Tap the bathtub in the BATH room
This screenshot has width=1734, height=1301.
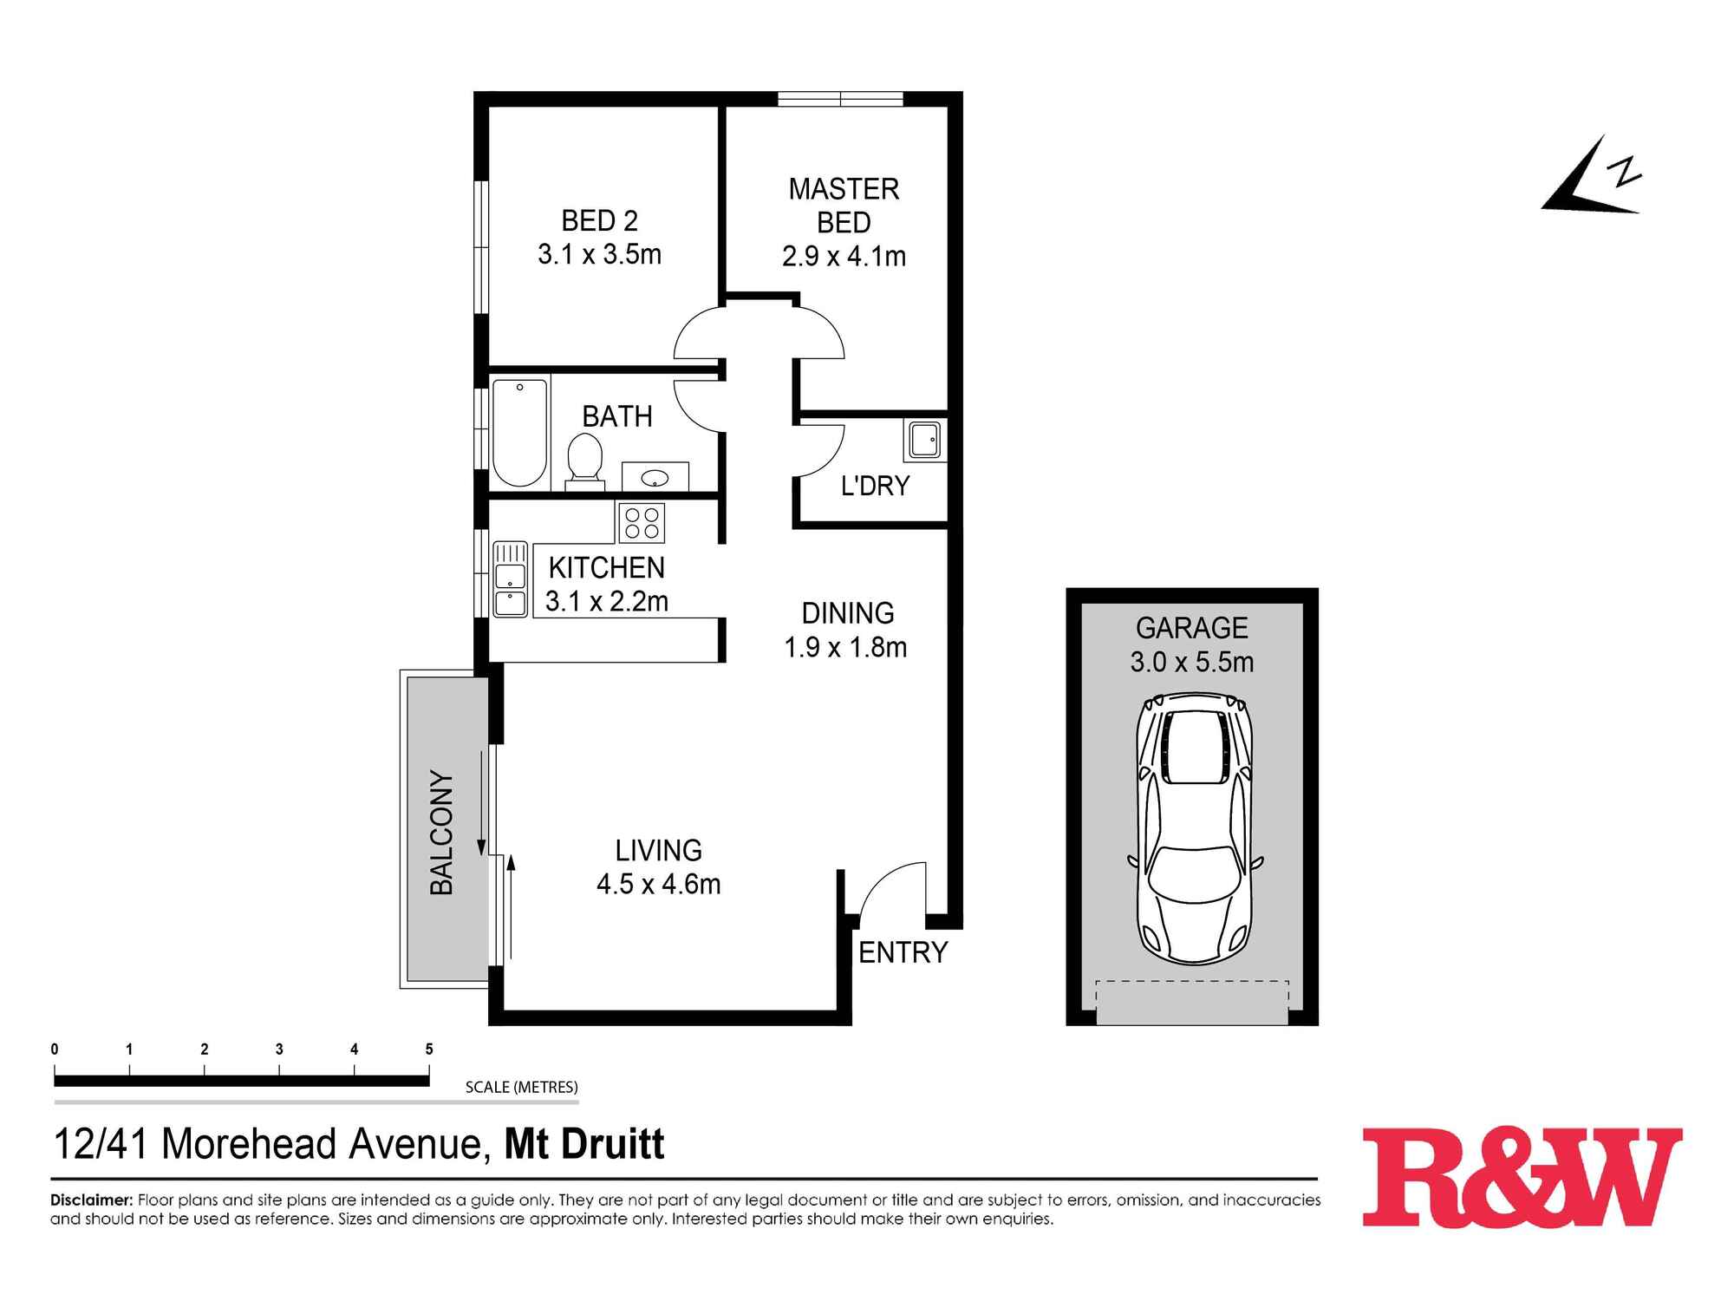[x=519, y=432]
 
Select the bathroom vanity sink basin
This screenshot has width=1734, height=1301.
[x=656, y=477]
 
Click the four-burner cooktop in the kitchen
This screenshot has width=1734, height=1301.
[x=642, y=523]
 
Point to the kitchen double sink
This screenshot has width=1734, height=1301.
[x=510, y=579]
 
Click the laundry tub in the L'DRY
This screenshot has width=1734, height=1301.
[x=924, y=441]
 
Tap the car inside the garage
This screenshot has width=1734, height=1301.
[x=1194, y=828]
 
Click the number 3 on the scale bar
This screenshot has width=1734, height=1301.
[x=279, y=1049]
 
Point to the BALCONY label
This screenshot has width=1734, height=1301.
[x=442, y=833]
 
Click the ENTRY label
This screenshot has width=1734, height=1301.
[x=903, y=952]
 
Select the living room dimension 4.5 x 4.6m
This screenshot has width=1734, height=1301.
[x=659, y=884]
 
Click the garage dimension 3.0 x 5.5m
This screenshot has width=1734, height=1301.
[x=1191, y=663]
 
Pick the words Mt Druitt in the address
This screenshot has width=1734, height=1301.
[x=584, y=1144]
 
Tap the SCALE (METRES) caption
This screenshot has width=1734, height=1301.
[x=521, y=1087]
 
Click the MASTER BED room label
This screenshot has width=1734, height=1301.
[x=844, y=206]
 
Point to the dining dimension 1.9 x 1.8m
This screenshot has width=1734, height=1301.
[x=845, y=647]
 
